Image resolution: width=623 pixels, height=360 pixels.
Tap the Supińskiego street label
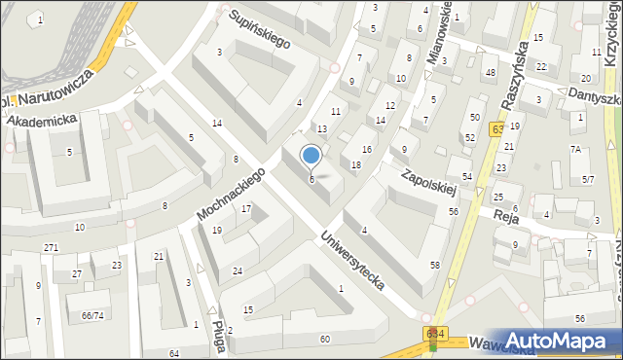260,29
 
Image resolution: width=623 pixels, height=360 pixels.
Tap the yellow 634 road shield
435,334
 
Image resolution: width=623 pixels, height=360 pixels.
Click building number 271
51,248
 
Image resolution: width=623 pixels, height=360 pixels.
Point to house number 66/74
92,315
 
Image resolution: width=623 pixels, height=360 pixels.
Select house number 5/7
588,180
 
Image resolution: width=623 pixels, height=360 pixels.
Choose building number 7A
576,149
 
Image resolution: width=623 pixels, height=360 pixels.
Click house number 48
491,73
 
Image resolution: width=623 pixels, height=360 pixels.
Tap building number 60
324,339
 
